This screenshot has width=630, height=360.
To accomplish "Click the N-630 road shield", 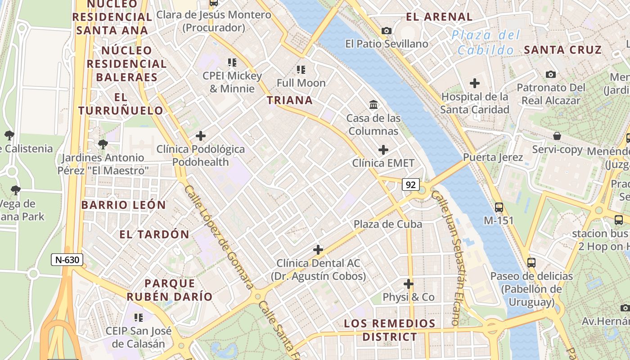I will tap(67, 260).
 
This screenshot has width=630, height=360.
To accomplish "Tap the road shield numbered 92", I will tap(410, 185).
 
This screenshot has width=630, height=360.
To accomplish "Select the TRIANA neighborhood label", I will tap(290, 100).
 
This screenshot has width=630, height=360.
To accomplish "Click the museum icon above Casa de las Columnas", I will tap(373, 105).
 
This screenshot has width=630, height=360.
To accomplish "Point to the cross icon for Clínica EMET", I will tap(383, 149).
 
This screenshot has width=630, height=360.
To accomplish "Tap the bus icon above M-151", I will tap(499, 207).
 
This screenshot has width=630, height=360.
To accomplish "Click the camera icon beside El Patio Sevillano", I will tap(386, 31).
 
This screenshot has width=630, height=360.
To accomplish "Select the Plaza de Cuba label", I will tap(388, 224).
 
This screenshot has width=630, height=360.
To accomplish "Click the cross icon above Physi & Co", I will tap(409, 284).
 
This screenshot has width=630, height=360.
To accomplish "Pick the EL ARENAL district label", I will tap(439, 17).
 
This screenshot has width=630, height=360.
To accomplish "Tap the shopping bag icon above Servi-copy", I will tap(557, 136).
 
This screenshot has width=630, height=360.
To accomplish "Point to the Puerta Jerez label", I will tap(493, 157).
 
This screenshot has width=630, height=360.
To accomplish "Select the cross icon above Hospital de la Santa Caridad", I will tap(474, 83).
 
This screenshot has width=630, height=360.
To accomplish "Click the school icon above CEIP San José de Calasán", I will tap(139, 318).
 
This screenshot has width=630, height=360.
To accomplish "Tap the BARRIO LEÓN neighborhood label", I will tap(124, 205).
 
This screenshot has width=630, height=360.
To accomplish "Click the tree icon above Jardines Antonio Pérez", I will tap(103, 144).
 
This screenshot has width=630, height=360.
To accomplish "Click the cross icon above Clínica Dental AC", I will tap(318, 249).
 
